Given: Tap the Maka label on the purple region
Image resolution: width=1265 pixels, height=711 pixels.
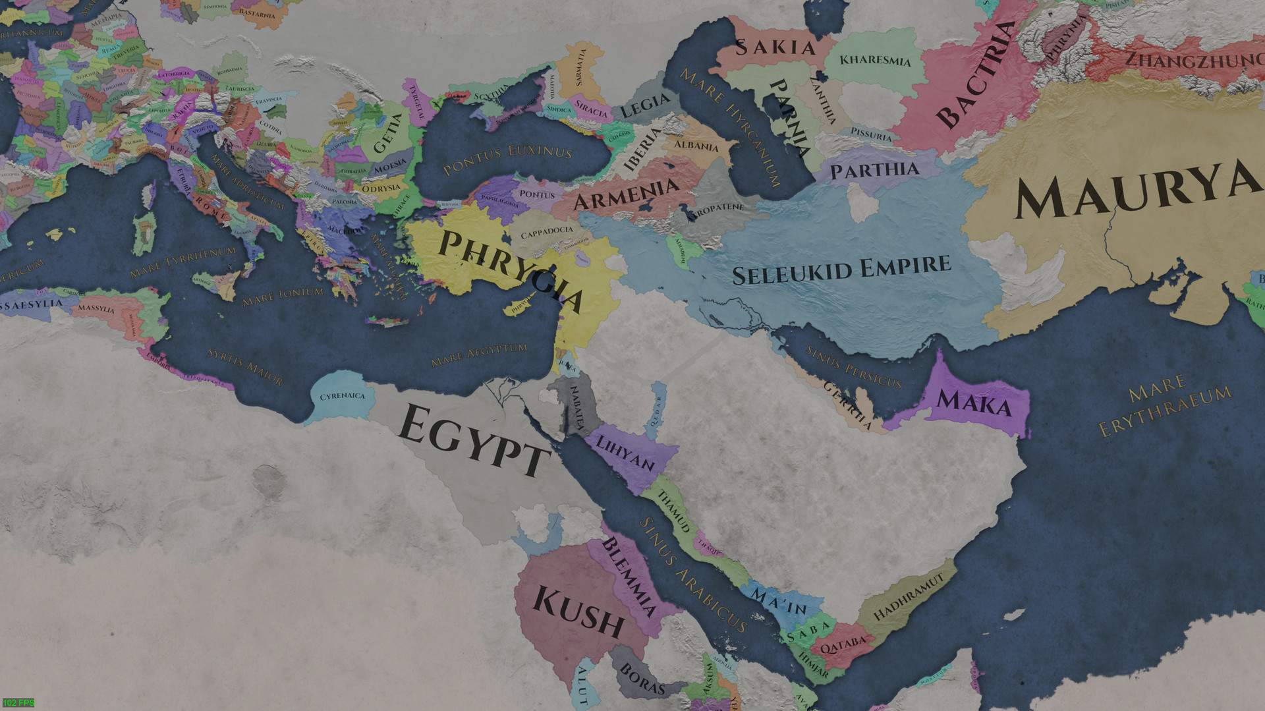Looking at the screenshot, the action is tap(974, 402).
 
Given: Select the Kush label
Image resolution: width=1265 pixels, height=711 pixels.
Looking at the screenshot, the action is tap(578, 611).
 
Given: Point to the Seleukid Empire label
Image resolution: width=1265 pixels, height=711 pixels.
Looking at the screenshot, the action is tap(842, 269).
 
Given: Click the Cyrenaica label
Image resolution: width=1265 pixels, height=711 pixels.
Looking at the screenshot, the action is tap(342, 396).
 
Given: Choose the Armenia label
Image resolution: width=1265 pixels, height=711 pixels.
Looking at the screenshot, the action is tap(626, 192).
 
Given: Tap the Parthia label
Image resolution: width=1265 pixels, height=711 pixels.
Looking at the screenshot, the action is tap(874, 171).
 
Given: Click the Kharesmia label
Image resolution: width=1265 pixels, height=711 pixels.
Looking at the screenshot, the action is tap(875, 60).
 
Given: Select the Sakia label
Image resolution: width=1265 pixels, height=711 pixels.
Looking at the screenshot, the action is tap(775, 47).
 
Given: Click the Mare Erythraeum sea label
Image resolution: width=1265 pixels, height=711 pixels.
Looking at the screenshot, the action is tap(1164, 405).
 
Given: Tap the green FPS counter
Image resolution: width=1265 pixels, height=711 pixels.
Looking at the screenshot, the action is tap(18, 703).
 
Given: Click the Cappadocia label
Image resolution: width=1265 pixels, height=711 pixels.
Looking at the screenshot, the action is tap(547, 233).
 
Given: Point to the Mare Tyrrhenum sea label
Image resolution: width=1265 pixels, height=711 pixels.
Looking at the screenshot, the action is tap(183, 262).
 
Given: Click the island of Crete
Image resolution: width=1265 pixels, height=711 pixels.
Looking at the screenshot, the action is tap(389, 321).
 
